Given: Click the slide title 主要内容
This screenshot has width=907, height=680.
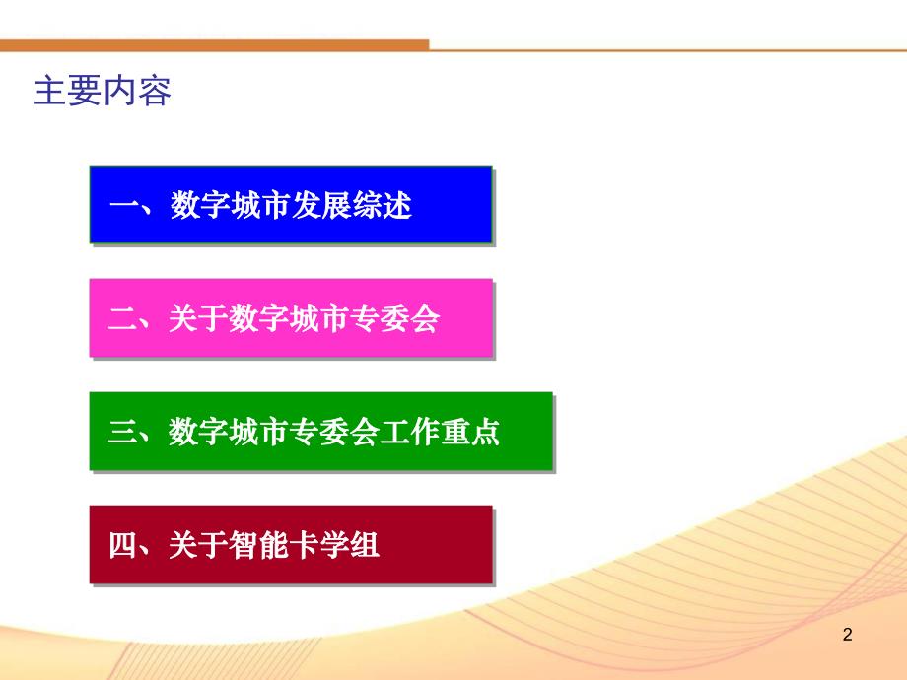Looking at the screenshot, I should [103, 91].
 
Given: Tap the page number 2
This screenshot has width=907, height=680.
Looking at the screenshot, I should [847, 636].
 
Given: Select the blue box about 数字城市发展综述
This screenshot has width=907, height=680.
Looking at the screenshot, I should [290, 205].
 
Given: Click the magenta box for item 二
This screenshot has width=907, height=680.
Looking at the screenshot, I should [290, 318].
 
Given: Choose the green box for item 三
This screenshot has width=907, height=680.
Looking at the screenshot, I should [319, 432].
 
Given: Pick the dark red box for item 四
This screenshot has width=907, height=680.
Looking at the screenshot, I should [290, 544].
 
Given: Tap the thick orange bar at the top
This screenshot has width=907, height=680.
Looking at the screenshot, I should [214, 44].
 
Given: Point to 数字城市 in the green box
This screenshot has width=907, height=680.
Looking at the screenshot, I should [229, 434].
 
